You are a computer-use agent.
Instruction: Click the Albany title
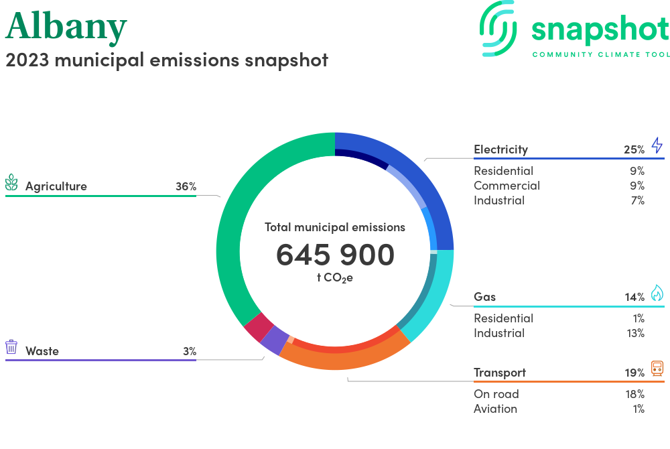66,27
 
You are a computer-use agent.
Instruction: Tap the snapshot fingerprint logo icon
498,29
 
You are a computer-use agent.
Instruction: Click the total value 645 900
335,255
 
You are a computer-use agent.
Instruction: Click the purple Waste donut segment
274,340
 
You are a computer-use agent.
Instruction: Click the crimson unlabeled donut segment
259,327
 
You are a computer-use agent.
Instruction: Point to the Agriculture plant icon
11,182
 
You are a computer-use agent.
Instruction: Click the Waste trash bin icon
11,347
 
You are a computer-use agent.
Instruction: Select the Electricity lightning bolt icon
657,145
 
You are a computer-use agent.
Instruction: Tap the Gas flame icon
657,293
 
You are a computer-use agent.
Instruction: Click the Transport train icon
657,369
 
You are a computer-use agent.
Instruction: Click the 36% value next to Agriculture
186,186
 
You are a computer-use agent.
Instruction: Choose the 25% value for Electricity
634,149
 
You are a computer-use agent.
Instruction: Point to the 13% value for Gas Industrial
635,333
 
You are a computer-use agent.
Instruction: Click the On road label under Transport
496,394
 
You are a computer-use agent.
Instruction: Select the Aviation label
495,409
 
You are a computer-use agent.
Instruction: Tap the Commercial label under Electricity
507,186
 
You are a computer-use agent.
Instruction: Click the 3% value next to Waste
190,351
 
